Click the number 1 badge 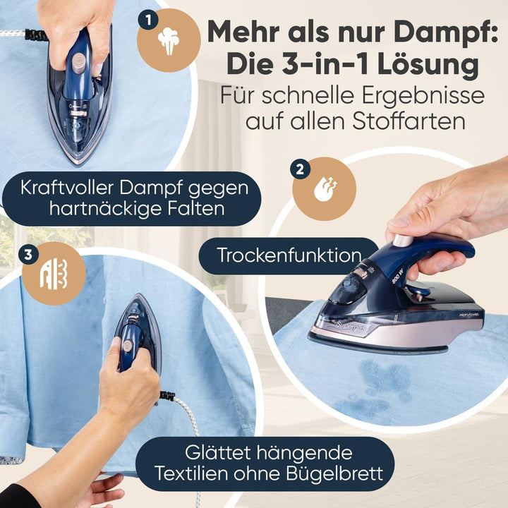click(x=147, y=20)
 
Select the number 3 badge click(x=28, y=255)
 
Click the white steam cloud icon click(x=169, y=42)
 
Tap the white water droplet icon click(x=324, y=190)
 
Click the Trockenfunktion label click(x=289, y=255)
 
